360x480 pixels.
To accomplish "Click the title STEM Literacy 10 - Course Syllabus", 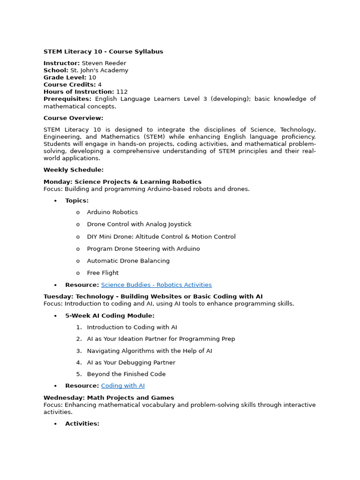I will click(x=103, y=52).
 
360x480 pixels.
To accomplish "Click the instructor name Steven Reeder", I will click(x=104, y=63).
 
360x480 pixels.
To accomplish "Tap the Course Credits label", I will click(x=69, y=85).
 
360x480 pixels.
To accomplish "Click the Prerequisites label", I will click(x=67, y=99).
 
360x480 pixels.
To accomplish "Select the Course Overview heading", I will click(x=73, y=118).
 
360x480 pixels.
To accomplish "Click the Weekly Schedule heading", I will click(x=74, y=170).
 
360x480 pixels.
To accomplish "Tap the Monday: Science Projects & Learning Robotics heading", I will click(x=122, y=182).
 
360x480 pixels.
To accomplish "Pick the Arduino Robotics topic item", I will click(x=112, y=212).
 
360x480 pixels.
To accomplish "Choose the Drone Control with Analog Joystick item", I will click(x=139, y=225).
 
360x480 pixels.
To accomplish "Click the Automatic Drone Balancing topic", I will click(x=128, y=261).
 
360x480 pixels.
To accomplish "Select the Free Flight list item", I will click(x=103, y=273).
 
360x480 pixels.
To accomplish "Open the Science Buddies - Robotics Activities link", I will click(x=156, y=285).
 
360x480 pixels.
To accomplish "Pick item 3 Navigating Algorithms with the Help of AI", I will click(x=149, y=351).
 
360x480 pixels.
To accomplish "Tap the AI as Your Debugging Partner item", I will click(x=131, y=362).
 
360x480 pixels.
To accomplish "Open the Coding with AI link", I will click(x=123, y=386).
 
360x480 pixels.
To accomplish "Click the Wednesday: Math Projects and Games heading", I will click(x=109, y=397).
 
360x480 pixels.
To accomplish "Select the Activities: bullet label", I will click(x=82, y=424).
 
